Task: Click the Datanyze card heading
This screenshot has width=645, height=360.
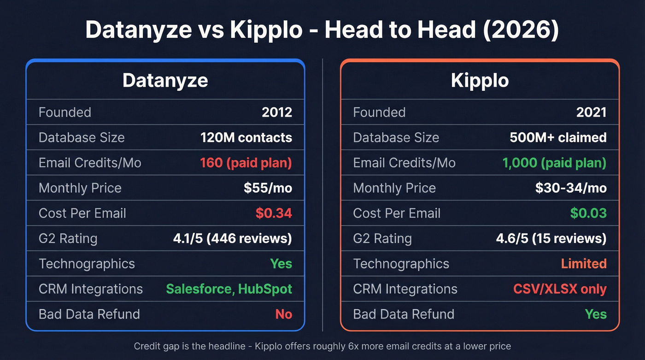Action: [x=165, y=80]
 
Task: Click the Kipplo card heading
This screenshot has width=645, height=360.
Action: [x=480, y=80]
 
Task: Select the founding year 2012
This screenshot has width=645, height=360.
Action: [x=277, y=112]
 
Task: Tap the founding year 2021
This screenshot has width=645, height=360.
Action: [x=592, y=112]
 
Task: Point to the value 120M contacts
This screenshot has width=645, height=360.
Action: [x=246, y=137]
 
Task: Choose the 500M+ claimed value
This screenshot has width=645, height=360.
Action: [x=558, y=137]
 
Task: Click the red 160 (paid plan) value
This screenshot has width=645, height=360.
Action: [x=246, y=163]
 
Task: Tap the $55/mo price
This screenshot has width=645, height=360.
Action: [x=268, y=188]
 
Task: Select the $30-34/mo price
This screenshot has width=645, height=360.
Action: [x=571, y=188]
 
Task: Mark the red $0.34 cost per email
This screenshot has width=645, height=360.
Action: [x=274, y=213]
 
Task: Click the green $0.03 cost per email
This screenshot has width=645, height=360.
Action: [x=588, y=213]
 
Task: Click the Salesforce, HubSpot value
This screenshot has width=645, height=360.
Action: [x=229, y=289]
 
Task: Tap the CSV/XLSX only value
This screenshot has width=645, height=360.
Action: [x=560, y=289]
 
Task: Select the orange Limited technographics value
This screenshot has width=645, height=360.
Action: [x=584, y=264]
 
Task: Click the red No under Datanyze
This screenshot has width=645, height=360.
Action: [x=283, y=314]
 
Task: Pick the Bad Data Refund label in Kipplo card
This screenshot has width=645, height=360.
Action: [x=404, y=314]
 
